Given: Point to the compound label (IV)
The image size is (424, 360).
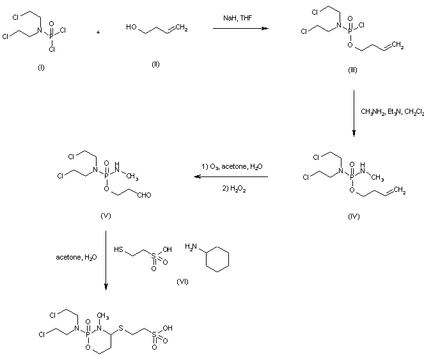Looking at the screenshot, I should (x=353, y=216).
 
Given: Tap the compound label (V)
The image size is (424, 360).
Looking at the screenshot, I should (x=106, y=215).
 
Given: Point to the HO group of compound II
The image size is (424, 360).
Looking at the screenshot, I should (x=130, y=27).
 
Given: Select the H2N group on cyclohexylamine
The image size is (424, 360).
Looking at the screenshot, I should (x=191, y=247).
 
